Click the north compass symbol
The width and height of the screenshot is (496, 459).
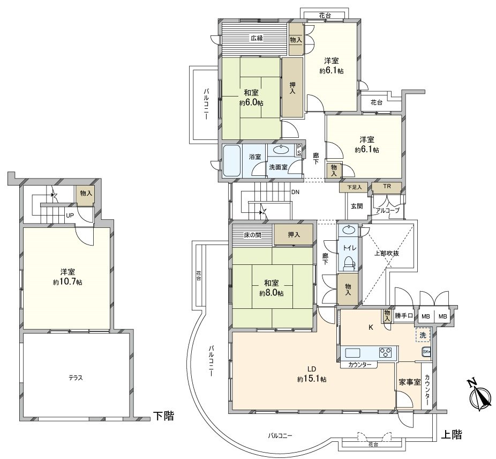click(481, 396)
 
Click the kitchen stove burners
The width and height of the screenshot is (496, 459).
click(386, 353)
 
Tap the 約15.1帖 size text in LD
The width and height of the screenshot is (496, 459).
click(313, 379)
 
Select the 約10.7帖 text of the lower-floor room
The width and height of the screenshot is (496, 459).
click(67, 282)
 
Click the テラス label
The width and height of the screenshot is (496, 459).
click(75, 377)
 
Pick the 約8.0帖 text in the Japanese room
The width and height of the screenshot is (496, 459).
click(272, 293)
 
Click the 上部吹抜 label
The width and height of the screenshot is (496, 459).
click(386, 253)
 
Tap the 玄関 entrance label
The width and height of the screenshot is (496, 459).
click(357, 206)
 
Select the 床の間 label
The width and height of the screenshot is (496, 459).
click(252, 234)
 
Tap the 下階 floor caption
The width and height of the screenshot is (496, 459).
click(164, 415)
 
